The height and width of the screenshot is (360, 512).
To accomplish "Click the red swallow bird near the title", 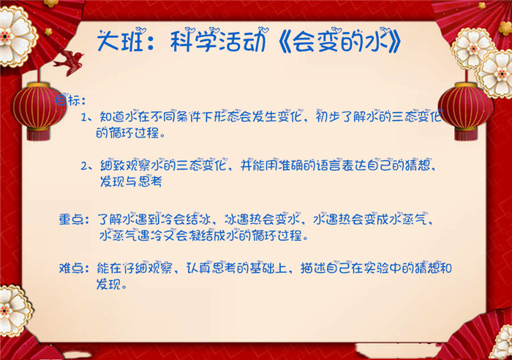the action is pos(69,61).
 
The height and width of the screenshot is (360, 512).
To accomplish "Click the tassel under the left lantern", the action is pos(38,135).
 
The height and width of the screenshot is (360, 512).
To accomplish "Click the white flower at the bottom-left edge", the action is pos(14,310).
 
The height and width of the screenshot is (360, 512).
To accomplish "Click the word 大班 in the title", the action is pos(120,42).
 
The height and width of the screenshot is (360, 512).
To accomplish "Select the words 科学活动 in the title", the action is pos(217,42).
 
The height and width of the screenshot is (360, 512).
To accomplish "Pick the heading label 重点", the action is pos(71,220).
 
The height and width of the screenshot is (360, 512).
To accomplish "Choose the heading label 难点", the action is pos(71,269).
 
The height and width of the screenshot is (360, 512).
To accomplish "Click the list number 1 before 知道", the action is pos(84,117).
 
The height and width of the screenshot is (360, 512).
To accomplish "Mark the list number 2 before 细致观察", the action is pos(84,166).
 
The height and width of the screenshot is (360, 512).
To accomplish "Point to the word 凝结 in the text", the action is pos(200,235).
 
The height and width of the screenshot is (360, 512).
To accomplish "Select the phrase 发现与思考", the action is pos(131,181).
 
